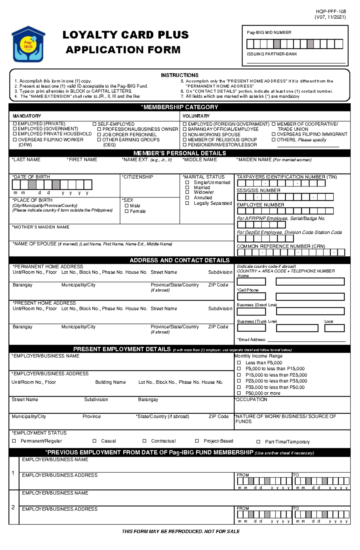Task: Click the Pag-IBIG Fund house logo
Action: coord(28,44)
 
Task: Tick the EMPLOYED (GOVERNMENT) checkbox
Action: coord(15,129)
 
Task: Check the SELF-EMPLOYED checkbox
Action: coord(94,124)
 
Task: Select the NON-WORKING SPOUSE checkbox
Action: coord(185,135)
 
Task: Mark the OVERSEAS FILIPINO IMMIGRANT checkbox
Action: coord(274,134)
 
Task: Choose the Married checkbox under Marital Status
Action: coord(187,187)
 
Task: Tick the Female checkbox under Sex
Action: coord(127,211)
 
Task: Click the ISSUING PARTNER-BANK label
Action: coord(272,54)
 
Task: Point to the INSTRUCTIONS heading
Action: coord(179,75)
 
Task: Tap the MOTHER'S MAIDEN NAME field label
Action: coord(41,227)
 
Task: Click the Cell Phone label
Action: coord(248,290)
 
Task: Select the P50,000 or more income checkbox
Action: coord(239,393)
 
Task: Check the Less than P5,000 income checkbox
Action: coord(239,362)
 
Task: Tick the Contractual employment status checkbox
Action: coord(144,441)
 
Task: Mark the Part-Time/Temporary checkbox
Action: coord(258,441)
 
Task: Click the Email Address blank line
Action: coord(306,340)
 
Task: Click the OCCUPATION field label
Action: coord(251,400)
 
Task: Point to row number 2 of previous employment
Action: coord(13,507)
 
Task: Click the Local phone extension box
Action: coord(334,328)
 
